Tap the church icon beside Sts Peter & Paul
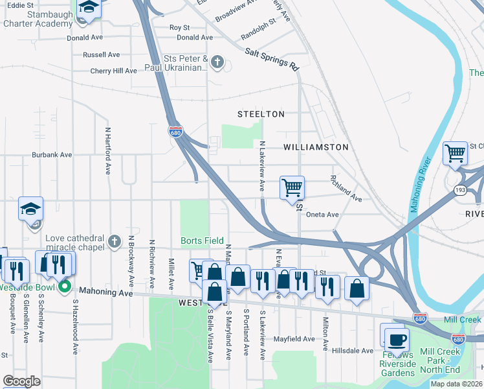click(x=217, y=63)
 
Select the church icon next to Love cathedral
click(x=114, y=241)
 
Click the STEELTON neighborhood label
click(x=261, y=114)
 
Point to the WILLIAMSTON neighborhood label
click(x=316, y=147)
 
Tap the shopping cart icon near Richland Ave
click(x=292, y=187)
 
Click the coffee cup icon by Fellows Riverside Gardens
click(x=396, y=338)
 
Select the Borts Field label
click(x=202, y=241)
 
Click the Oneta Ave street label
click(x=322, y=215)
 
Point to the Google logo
click(x=21, y=381)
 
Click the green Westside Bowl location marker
click(x=64, y=286)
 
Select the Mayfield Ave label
click(x=293, y=338)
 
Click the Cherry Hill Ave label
click(x=113, y=71)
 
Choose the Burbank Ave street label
click(x=52, y=155)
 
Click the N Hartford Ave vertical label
click(x=108, y=150)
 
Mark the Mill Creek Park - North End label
click(x=440, y=361)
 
